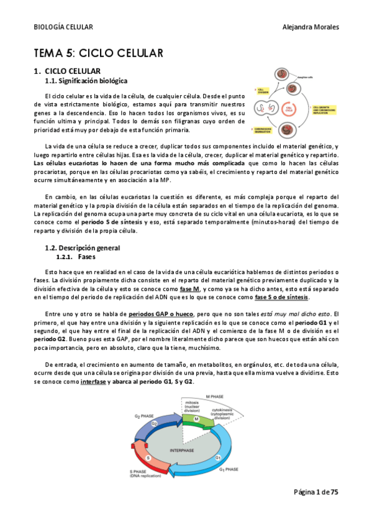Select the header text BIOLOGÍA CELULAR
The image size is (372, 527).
tap(63, 27)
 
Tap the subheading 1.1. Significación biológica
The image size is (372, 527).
tap(87, 81)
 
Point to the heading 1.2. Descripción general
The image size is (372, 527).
tap(84, 248)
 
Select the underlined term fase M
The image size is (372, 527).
tap(190, 289)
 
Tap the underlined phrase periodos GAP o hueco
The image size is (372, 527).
tap(161, 313)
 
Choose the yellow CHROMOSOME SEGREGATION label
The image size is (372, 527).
tap(265, 130)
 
